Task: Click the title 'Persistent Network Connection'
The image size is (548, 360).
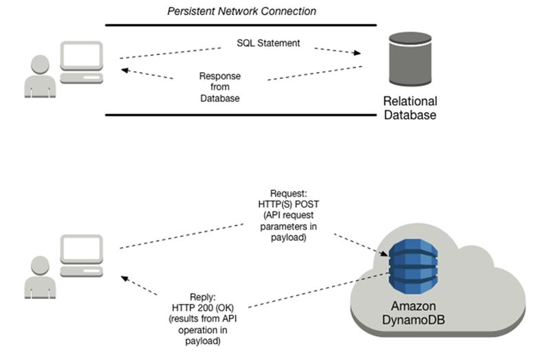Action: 241,11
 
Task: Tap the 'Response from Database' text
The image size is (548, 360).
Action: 219,87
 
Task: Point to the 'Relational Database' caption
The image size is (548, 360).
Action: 410,108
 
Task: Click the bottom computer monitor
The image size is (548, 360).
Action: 81,250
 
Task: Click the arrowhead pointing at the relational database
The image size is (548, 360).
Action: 357,53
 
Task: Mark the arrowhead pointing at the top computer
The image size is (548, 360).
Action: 125,69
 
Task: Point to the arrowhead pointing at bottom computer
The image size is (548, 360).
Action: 126,278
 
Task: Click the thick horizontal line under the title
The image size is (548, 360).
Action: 241,25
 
